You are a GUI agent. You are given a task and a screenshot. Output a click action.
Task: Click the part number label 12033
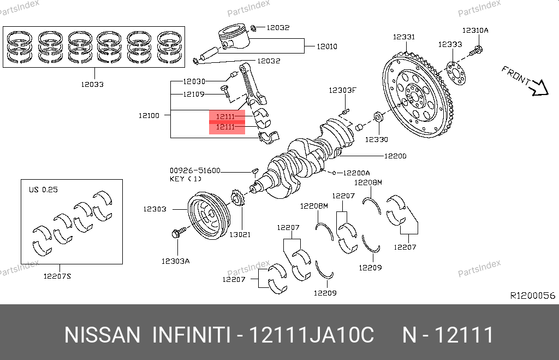(92, 85)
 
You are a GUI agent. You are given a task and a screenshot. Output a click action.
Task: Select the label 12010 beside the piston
(327, 46)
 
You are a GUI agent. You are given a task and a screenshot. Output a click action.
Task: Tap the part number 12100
(148, 115)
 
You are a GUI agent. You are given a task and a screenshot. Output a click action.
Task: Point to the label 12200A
(357, 173)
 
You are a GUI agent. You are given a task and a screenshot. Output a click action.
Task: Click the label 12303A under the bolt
(175, 261)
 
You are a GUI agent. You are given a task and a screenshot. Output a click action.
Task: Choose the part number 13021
(240, 234)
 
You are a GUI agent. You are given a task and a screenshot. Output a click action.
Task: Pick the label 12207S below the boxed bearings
(57, 276)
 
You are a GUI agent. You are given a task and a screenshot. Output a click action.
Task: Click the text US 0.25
(43, 190)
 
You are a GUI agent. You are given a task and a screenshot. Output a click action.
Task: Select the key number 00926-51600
(195, 170)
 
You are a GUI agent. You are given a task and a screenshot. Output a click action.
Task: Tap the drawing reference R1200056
(532, 296)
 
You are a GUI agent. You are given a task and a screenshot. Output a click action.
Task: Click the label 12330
(377, 139)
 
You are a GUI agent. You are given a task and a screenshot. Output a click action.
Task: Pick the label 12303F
(342, 90)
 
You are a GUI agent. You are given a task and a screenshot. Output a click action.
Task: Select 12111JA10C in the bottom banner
(311, 334)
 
